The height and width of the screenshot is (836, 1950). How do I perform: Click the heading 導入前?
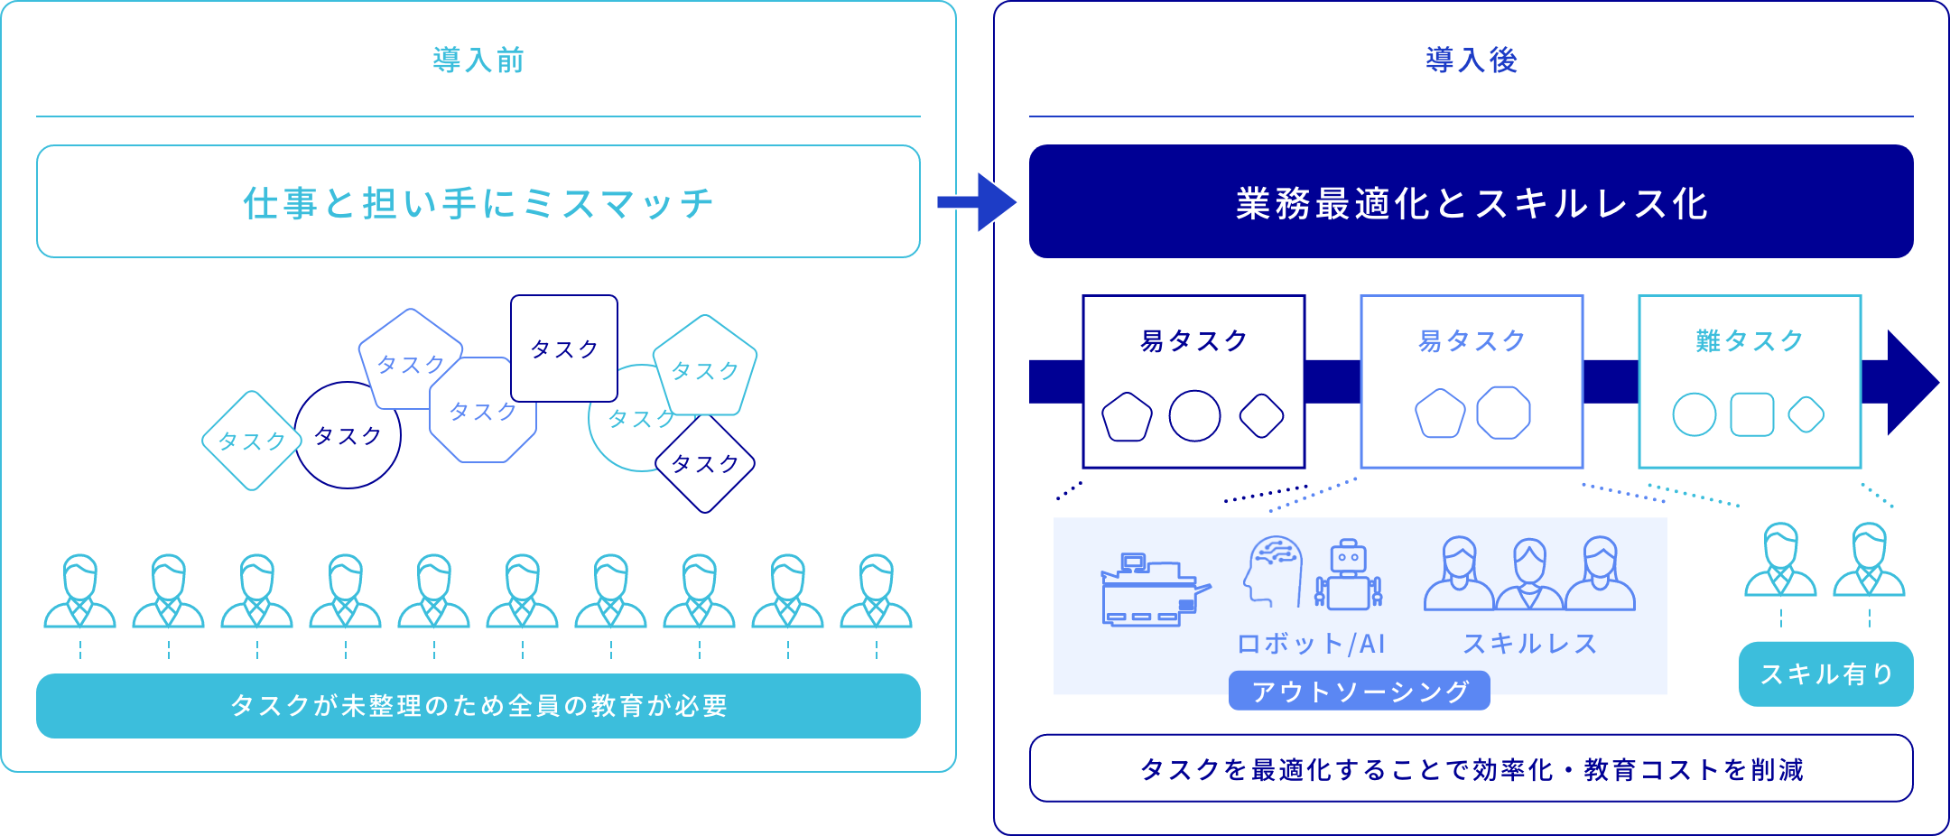pyautogui.click(x=478, y=60)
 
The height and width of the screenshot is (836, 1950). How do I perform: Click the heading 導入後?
pyautogui.click(x=1472, y=60)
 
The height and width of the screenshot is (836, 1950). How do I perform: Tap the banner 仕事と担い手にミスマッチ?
pyautogui.click(x=478, y=202)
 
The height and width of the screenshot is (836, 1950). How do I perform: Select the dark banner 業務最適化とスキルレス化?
pyautogui.click(x=1472, y=202)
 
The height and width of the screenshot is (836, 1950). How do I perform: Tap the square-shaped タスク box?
pyautogui.click(x=564, y=348)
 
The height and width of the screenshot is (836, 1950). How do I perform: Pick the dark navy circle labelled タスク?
pyautogui.click(x=347, y=436)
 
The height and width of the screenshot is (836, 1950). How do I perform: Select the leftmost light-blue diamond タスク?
pyautogui.click(x=252, y=441)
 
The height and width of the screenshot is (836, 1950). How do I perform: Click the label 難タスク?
pyautogui.click(x=1750, y=340)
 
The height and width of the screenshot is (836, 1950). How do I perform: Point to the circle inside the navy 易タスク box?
pyautogui.click(x=1194, y=416)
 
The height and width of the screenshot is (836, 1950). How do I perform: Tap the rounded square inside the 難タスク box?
pyautogui.click(x=1752, y=415)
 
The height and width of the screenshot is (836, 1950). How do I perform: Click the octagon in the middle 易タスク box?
pyautogui.click(x=1503, y=413)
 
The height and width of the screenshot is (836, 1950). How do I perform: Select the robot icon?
pyautogui.click(x=1349, y=574)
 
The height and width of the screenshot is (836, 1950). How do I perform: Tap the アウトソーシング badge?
pyautogui.click(x=1360, y=692)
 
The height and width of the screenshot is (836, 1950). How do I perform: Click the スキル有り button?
pyautogui.click(x=1825, y=674)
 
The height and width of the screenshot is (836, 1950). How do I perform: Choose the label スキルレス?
pyautogui.click(x=1529, y=644)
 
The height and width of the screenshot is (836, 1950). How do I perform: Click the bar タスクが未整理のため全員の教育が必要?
pyautogui.click(x=478, y=706)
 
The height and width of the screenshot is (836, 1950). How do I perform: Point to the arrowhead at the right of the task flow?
pyautogui.click(x=1911, y=382)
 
